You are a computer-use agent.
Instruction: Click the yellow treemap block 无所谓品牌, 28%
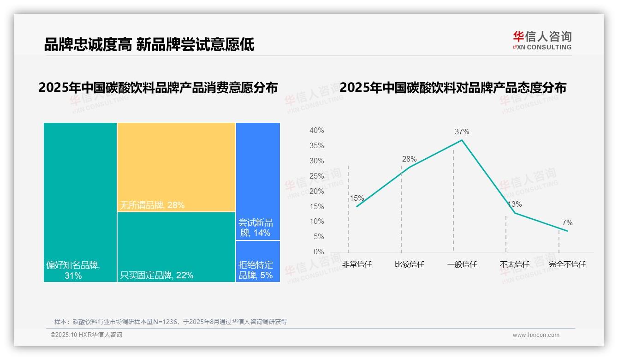point(176,167)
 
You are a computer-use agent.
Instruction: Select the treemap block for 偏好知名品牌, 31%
point(80,202)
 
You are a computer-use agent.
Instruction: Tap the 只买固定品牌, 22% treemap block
point(176,247)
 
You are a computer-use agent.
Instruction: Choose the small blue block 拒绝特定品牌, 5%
point(258,261)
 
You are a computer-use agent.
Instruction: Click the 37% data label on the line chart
point(462,132)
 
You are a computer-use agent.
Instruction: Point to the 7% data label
point(567,223)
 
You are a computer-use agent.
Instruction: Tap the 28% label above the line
point(409,159)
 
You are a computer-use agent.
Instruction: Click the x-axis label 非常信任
point(357,264)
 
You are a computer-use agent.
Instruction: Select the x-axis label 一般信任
point(462,264)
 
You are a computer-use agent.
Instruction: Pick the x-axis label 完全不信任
point(567,264)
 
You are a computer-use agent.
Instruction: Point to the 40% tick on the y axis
point(316,131)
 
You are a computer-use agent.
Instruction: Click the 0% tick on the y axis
point(319,252)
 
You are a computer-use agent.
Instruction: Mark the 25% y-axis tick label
point(316,176)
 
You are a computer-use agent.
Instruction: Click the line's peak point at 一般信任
point(462,140)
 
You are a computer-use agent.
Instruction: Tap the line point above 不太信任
point(515,213)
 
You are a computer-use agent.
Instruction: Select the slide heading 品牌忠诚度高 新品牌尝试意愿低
point(149,45)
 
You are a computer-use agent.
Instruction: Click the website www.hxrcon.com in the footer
point(536,335)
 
